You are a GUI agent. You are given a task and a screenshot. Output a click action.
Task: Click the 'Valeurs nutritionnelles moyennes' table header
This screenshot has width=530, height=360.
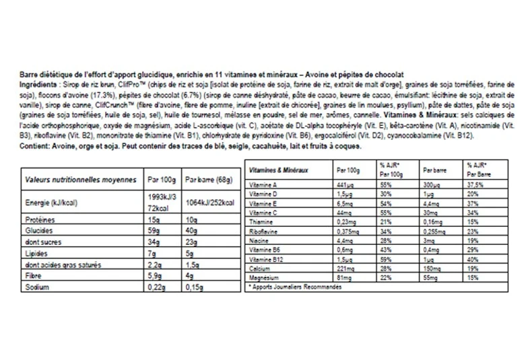(x=80, y=180)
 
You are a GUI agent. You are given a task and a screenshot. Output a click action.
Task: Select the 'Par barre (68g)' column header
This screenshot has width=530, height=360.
(x=205, y=180)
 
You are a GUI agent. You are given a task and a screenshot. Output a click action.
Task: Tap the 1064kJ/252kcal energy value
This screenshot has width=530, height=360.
(x=209, y=203)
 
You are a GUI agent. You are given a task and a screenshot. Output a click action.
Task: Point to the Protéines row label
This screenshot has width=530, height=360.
(x=39, y=219)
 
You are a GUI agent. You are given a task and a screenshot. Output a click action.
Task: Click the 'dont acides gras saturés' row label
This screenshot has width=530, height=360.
(x=59, y=264)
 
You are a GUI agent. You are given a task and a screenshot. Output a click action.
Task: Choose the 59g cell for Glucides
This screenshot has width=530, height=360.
(x=153, y=230)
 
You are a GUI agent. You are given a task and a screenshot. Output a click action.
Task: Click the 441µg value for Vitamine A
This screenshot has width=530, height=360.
(x=345, y=184)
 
